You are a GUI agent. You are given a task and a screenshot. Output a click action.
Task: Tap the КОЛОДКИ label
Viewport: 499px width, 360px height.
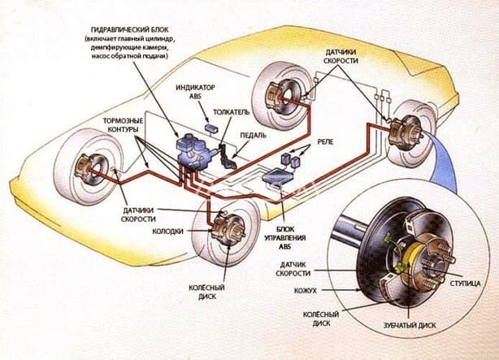[x=169, y=231]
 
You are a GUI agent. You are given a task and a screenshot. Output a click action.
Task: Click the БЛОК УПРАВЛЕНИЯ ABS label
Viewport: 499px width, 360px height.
[x=280, y=238]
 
